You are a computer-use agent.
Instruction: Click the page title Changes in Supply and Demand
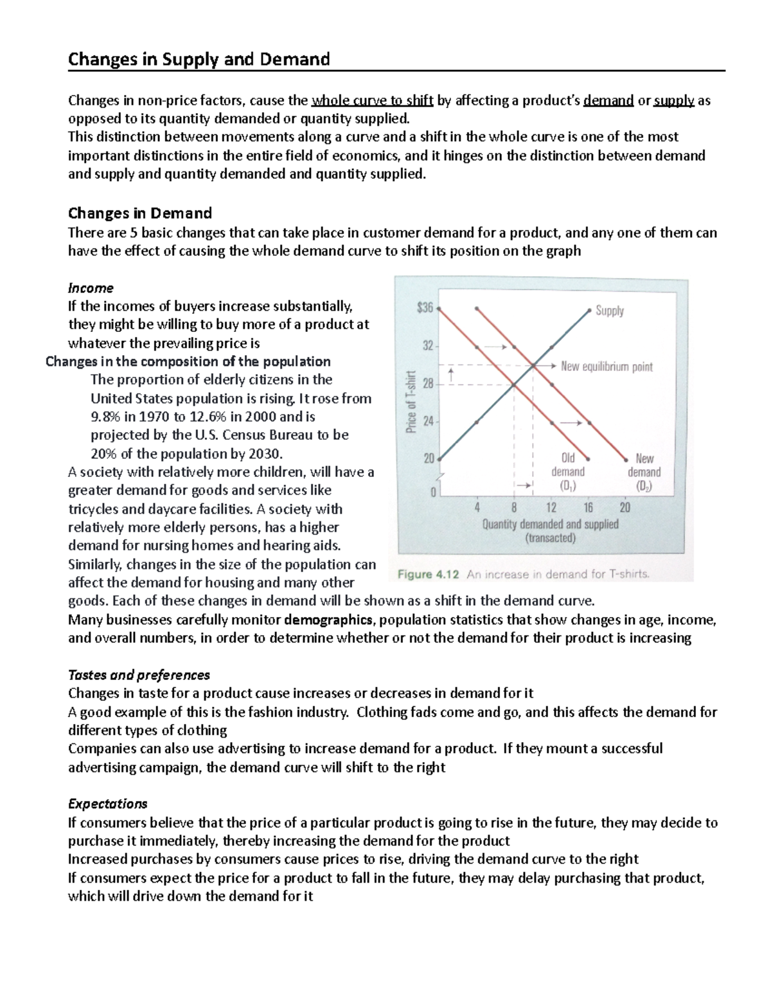coord(199,60)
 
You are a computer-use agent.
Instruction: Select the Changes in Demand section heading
coord(140,213)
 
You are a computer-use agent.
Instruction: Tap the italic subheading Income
coord(91,288)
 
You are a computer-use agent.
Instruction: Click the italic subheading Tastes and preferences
coord(139,675)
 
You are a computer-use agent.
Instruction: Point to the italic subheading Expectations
coord(107,804)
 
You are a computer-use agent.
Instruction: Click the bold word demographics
coord(328,620)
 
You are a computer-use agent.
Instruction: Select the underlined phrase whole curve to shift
coord(372,101)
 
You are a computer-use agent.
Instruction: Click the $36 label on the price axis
coord(425,309)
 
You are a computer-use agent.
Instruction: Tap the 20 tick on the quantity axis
coord(625,507)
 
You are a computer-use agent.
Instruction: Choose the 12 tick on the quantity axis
coord(551,507)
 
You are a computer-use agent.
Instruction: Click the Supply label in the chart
coord(609,311)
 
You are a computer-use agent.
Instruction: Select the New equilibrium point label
coord(606,367)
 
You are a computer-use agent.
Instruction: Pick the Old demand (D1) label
coord(568,472)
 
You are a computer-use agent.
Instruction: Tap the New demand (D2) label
coord(644,472)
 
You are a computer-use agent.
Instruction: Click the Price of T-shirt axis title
coord(412,401)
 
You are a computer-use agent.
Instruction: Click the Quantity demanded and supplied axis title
coord(550,524)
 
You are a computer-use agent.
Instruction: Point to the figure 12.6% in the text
coord(196,417)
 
